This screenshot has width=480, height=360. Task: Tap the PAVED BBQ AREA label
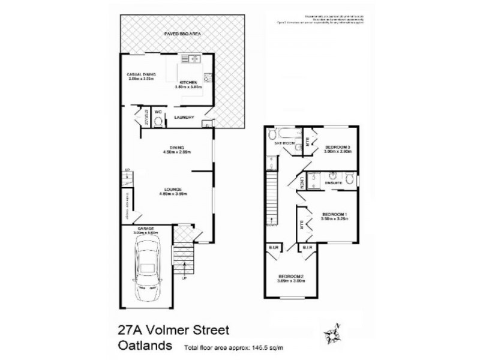tap(182, 35)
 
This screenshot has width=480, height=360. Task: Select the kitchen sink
tap(191, 58)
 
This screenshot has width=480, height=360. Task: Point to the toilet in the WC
tap(158, 122)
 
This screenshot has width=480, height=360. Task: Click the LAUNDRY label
tap(184, 117)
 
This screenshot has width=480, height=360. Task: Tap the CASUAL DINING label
tap(141, 74)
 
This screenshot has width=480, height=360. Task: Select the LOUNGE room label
tap(170, 190)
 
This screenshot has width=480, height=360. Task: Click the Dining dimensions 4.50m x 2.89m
tap(176, 152)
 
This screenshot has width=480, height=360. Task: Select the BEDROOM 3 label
tap(338, 147)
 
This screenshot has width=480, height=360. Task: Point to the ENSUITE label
tap(334, 181)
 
